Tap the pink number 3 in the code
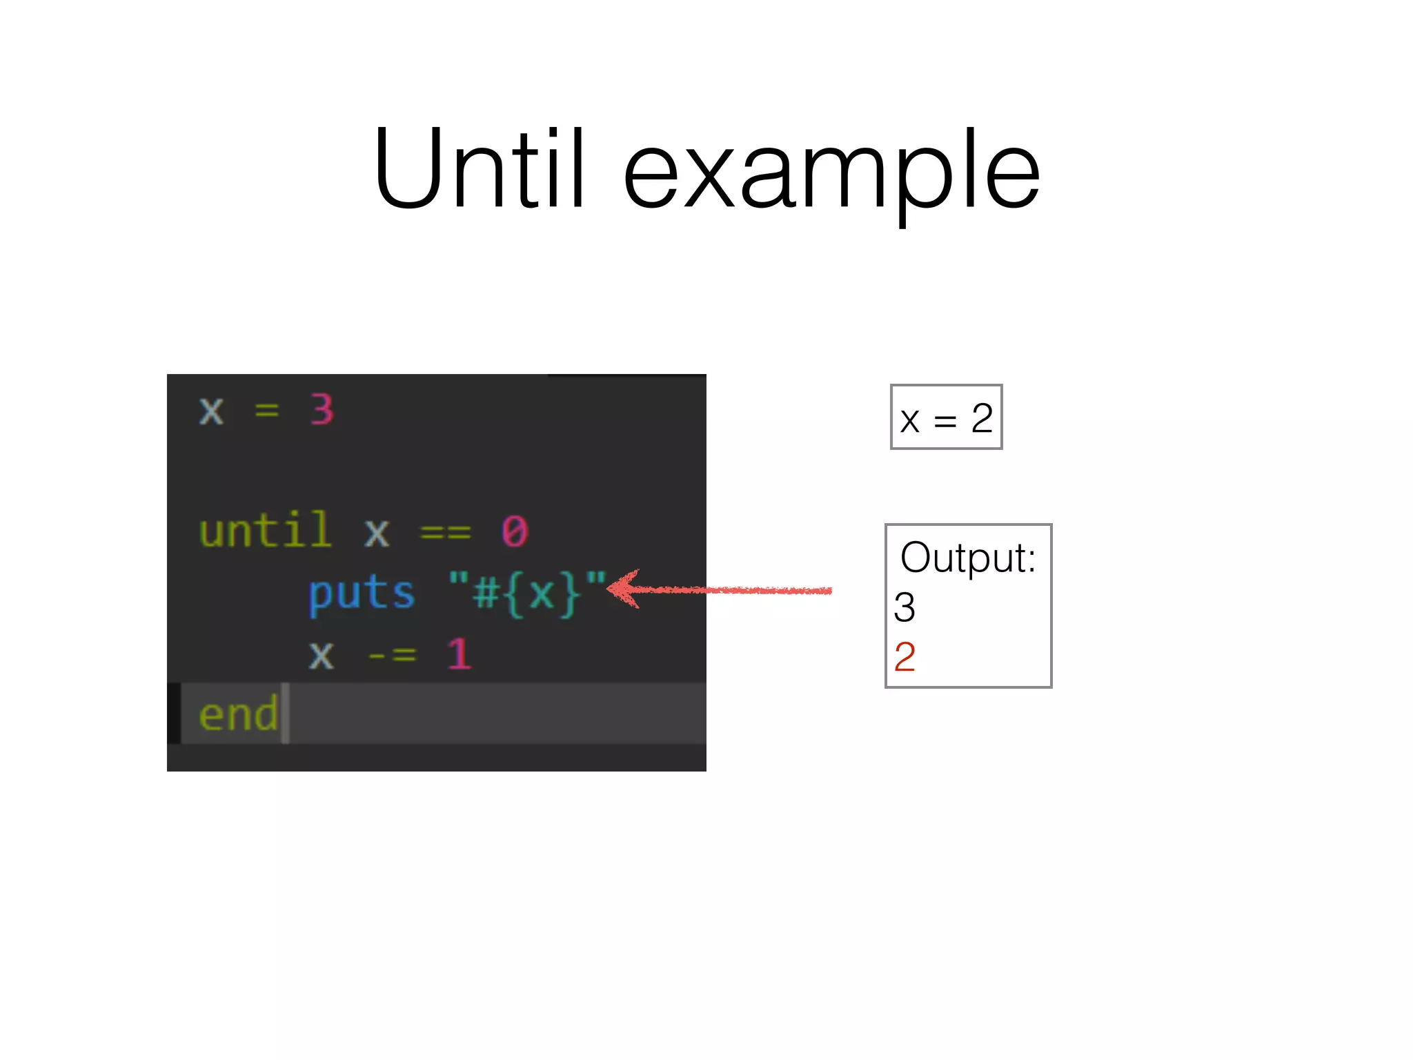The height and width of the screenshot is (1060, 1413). (322, 410)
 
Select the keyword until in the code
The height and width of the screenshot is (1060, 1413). (265, 531)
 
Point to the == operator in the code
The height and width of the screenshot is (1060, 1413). (446, 532)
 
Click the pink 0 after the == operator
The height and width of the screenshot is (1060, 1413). (515, 531)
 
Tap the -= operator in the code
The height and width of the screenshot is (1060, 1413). (392, 654)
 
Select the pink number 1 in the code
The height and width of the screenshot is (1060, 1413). (459, 654)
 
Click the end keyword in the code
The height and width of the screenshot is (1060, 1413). (238, 714)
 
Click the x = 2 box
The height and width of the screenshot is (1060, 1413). (946, 417)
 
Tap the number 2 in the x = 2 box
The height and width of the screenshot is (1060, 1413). (982, 418)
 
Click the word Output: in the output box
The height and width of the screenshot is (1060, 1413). (967, 558)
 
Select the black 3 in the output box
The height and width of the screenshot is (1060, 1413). (904, 607)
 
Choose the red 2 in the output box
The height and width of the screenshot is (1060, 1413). (904, 656)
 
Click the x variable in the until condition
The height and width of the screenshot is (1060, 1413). (377, 533)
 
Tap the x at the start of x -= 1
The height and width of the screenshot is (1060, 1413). (321, 655)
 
